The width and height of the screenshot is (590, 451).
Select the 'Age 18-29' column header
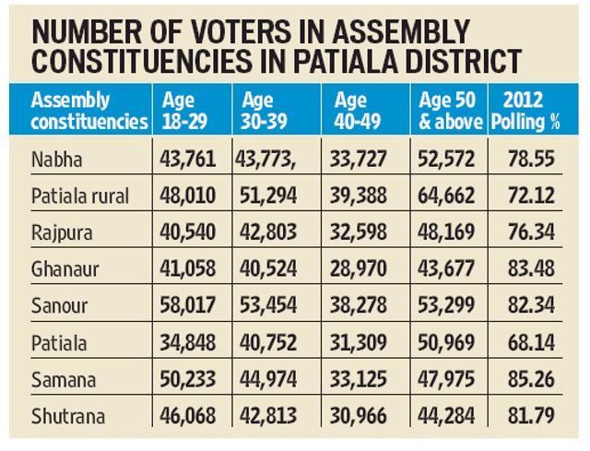[184, 111]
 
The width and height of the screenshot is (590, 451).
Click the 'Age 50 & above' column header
[450, 111]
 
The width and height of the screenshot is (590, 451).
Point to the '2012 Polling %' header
[525, 111]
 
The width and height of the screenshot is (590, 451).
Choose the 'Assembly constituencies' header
[89, 111]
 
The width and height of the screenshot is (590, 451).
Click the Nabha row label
[57, 160]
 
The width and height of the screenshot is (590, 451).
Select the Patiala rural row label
[80, 196]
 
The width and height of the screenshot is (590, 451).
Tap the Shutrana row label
[68, 416]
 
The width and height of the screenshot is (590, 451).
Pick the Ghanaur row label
[65, 269]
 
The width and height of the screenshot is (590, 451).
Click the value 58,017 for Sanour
[188, 305]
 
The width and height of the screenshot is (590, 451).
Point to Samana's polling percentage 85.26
[531, 379]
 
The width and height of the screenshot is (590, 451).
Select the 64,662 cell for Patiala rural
[446, 196]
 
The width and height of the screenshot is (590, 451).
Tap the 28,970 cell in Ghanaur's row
[359, 268]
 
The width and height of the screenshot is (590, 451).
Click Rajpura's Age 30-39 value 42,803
[268, 231]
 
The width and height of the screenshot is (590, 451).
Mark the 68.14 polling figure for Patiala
[531, 342]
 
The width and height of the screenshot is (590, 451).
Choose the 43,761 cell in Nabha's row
[188, 159]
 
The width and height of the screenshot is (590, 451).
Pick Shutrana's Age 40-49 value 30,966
[359, 416]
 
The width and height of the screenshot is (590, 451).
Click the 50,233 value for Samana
[188, 379]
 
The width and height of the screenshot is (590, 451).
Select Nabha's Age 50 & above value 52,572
[446, 159]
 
